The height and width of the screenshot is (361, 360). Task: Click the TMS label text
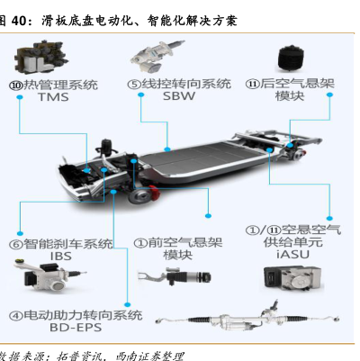[x=53, y=97]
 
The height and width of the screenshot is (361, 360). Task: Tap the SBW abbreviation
[x=179, y=96]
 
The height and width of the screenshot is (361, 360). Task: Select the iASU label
[x=292, y=254]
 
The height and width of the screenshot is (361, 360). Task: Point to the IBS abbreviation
[x=61, y=257]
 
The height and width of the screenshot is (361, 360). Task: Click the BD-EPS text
[x=76, y=328]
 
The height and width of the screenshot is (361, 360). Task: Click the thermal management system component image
[x=41, y=58]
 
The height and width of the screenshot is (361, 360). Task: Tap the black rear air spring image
[x=291, y=59]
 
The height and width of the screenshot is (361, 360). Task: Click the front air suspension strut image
[x=175, y=276]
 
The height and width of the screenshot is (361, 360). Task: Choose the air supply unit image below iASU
[x=292, y=278]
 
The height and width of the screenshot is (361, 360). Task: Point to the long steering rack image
[x=247, y=319]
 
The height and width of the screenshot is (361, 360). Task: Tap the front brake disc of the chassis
[x=139, y=197]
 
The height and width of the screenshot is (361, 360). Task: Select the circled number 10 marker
[x=16, y=86]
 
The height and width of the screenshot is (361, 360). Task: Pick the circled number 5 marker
[x=134, y=85]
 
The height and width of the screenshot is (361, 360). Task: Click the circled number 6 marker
[x=16, y=244]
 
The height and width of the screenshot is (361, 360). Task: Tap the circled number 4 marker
[x=16, y=315]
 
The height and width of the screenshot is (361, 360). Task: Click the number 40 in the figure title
[x=21, y=21]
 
